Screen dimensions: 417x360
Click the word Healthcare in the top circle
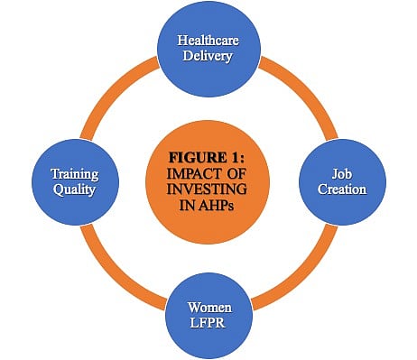click(x=208, y=41)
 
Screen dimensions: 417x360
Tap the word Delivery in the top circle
click(x=208, y=56)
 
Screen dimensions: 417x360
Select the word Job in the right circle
click(x=342, y=174)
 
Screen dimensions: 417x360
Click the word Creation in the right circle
click(x=342, y=189)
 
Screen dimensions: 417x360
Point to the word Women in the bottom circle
click(x=209, y=308)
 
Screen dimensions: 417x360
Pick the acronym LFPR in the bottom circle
click(x=208, y=323)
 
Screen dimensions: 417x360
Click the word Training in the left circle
click(x=75, y=174)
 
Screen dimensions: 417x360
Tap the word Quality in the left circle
click(x=74, y=189)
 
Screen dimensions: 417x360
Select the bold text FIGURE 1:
click(x=207, y=158)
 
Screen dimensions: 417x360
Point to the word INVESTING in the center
click(x=207, y=189)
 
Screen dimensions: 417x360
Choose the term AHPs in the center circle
click(x=216, y=205)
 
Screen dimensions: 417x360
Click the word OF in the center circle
click(x=236, y=173)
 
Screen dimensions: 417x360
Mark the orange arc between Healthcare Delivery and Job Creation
click(x=305, y=90)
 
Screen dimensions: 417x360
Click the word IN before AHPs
click(x=188, y=205)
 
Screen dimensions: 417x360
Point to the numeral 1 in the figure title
click(x=235, y=158)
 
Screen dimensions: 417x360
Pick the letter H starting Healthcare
click(x=181, y=41)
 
